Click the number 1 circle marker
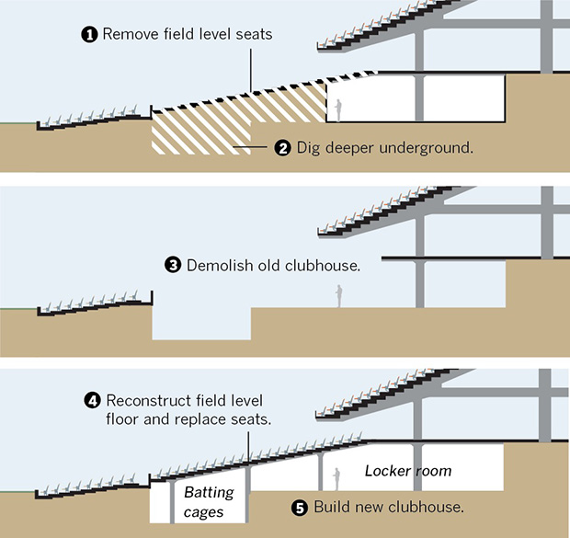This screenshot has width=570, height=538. (90, 35)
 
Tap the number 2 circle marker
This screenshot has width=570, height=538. (283, 147)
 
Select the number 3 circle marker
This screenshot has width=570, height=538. (173, 265)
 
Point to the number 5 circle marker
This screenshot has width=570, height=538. (301, 507)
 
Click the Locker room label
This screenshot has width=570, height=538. (408, 471)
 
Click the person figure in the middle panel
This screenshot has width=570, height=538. (338, 295)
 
